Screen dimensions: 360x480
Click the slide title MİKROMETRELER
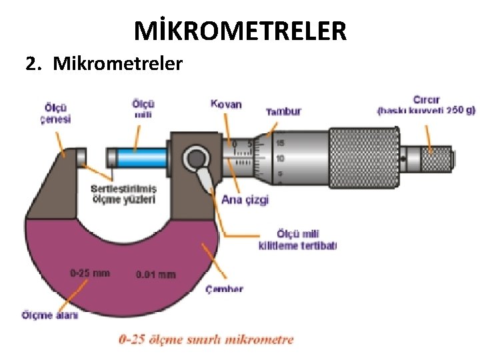tap(240, 31)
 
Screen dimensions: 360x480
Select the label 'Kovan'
tap(226, 105)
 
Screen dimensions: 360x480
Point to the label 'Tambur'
tap(283, 111)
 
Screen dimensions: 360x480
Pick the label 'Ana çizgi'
tap(245, 199)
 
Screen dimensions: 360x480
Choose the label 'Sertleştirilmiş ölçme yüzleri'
tap(123, 193)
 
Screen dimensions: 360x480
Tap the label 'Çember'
tap(224, 289)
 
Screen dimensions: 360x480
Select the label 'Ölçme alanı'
tap(49, 315)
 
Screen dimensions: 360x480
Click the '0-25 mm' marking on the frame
tap(90, 273)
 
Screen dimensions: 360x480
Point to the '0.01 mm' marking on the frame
tap(155, 274)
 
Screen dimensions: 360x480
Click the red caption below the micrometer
tap(205, 339)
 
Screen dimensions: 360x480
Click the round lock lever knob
tap(196, 159)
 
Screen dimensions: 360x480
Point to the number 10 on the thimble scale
tap(280, 159)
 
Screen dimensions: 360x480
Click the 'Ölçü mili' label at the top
tap(143, 109)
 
